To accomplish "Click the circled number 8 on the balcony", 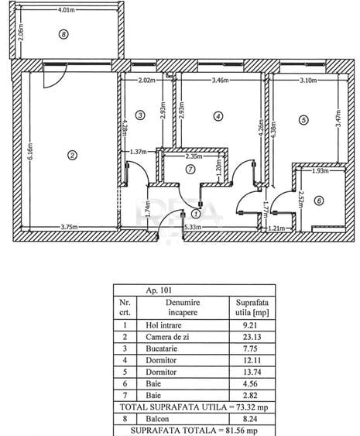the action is (63, 35).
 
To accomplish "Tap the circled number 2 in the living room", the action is (72, 155).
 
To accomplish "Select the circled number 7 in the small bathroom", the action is (190, 170).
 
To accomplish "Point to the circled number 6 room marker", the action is (319, 201).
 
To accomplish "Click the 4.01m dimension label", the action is (66, 10).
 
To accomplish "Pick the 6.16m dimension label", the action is (30, 151).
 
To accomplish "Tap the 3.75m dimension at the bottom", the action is (69, 227).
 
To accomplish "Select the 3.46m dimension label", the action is (220, 80).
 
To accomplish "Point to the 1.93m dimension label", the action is (321, 170).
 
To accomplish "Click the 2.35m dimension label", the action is (194, 156).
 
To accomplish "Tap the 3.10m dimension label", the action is (308, 80).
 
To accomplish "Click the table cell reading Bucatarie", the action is (162, 348).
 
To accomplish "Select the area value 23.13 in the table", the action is (252, 337).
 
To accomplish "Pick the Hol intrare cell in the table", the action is (163, 325).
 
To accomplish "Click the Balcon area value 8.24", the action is (250, 419).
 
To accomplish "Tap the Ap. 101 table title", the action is (159, 290).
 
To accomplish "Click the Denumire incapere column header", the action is (183, 307).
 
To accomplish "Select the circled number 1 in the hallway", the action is (197, 214).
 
